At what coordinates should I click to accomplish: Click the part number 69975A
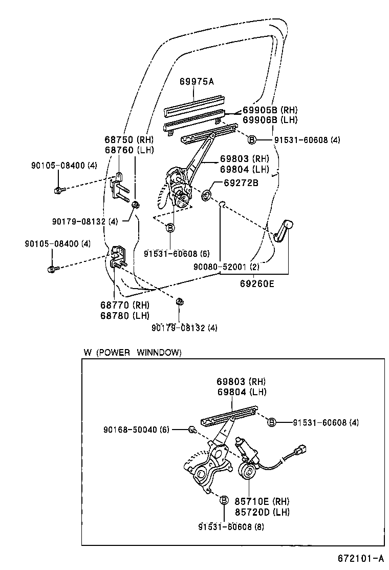click(x=196, y=82)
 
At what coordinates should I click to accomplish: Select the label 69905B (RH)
click(x=269, y=110)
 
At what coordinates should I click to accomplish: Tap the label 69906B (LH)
click(x=269, y=119)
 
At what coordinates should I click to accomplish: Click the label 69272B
click(x=241, y=182)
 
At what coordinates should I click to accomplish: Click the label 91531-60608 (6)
click(x=177, y=254)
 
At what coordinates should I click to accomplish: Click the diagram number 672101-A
click(x=360, y=558)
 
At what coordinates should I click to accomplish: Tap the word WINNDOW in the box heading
click(x=159, y=352)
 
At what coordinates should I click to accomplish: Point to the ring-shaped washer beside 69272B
click(x=208, y=195)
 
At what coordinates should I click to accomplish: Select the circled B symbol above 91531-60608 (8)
click(x=224, y=500)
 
